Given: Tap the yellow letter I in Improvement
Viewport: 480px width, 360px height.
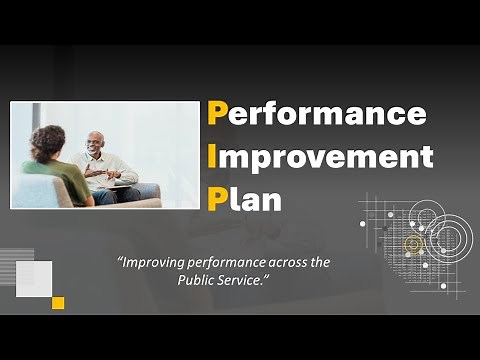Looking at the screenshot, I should pos(213,157).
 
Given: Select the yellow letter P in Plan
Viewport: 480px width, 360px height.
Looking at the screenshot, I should pos(217,199).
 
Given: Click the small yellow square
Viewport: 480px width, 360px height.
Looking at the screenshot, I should pos(58,302).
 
